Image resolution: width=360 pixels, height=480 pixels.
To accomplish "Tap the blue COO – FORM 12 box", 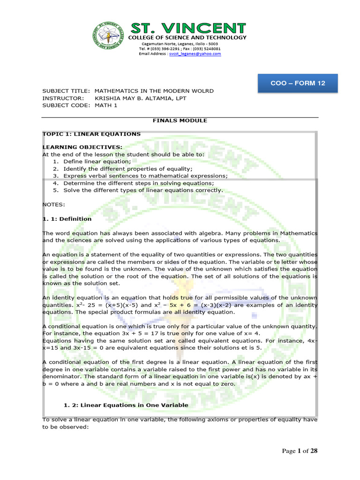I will pos(304,83).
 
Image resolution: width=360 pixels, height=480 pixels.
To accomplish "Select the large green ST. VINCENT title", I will pos(187,28).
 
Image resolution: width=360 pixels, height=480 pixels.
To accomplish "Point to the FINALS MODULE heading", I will pos(180,120).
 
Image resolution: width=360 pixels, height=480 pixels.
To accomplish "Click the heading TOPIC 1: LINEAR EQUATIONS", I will pos(91,134).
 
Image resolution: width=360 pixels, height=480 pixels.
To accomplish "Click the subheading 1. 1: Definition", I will pos(67,219).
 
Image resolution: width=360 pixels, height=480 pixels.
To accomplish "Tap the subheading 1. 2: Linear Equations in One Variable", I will pos(126,405).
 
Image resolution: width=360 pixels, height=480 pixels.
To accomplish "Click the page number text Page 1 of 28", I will pos(300,451).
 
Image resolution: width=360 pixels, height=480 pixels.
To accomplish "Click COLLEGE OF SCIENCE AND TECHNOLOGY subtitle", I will pos(187,37).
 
